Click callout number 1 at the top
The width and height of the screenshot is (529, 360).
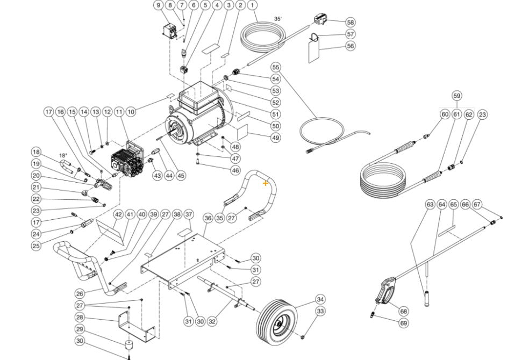pos(252,5)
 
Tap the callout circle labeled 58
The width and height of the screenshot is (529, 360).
pos(351,23)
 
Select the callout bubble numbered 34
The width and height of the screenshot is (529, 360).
pos(320,299)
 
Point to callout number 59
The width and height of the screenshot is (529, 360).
pos(457,96)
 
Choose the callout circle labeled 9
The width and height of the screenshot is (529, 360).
pos(158,5)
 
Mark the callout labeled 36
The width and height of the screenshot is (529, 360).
pos(208,218)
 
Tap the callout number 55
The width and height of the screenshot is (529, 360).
pos(276,68)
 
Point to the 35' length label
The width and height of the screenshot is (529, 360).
pos(277,18)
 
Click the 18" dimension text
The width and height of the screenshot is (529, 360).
pos(63,155)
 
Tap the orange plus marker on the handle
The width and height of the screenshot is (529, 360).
pos(266,183)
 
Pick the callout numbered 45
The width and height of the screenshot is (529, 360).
pos(181,175)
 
